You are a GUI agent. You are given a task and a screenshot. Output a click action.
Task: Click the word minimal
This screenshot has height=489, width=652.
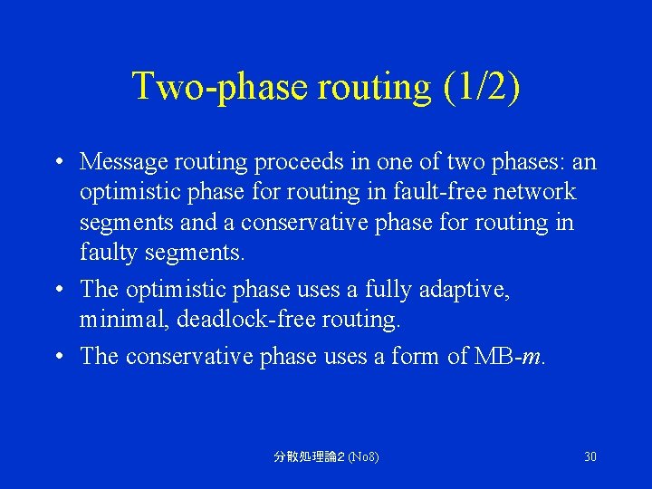(114, 320)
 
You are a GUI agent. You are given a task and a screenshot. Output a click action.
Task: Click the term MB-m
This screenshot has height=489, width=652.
(509, 356)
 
